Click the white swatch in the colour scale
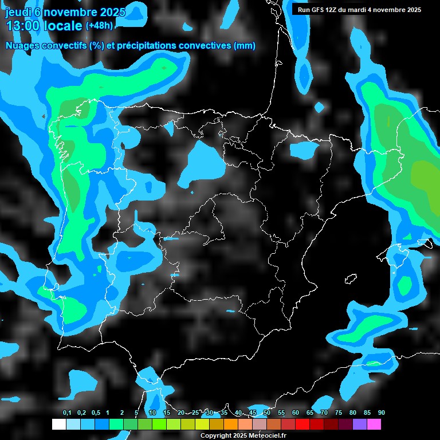click(59, 425)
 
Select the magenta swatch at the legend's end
click(374, 425)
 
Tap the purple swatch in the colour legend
click(360, 425)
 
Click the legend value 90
click(382, 413)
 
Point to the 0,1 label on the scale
click(67, 413)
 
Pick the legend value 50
click(267, 413)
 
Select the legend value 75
click(339, 413)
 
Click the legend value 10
click(152, 413)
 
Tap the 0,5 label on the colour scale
click(96, 413)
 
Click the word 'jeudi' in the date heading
click(19, 11)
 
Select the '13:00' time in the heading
click(23, 26)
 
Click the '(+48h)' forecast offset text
click(99, 26)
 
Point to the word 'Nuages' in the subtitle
click(22, 46)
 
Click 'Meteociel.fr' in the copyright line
click(266, 435)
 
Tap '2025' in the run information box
click(412, 10)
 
